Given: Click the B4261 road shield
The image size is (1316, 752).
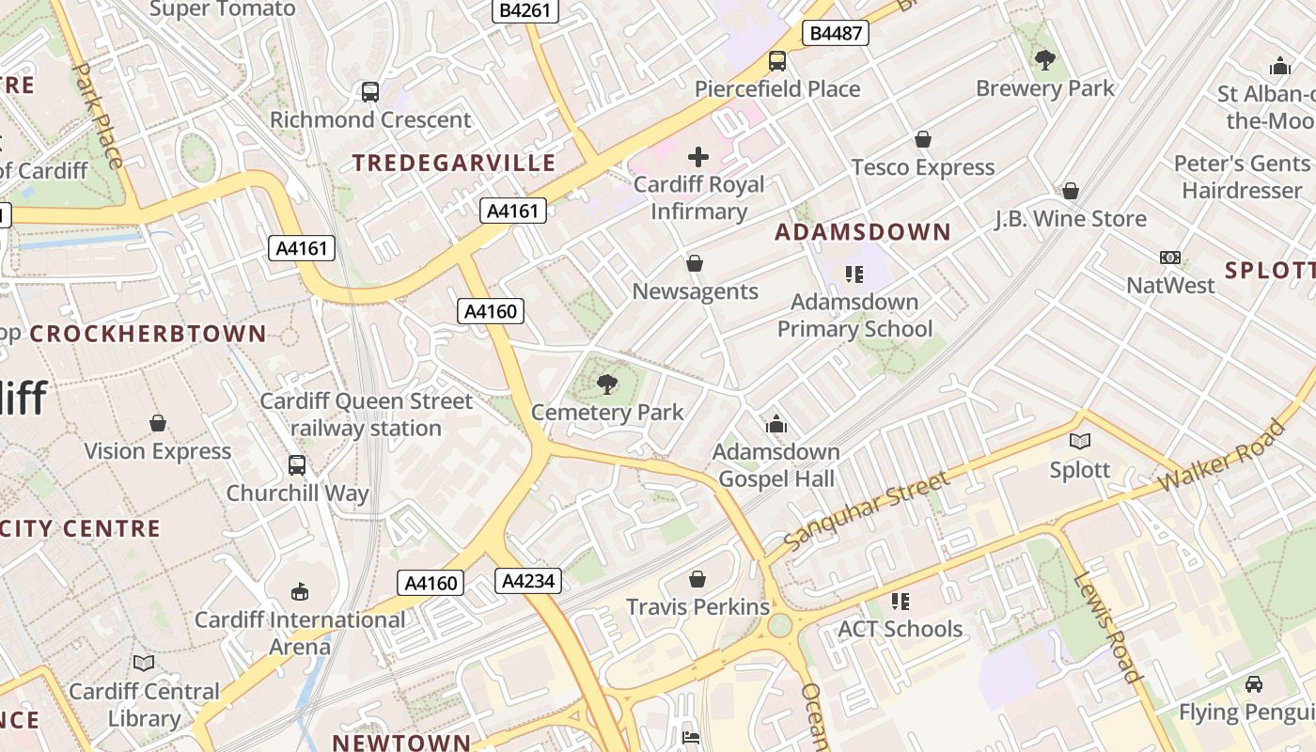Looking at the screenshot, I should [525, 10].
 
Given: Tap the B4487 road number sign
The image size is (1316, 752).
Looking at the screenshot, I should [835, 34].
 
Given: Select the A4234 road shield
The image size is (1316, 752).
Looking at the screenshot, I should [528, 581].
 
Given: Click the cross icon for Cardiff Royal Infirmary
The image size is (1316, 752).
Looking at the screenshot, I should [698, 156].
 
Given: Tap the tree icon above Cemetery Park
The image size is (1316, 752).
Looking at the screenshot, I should [607, 384].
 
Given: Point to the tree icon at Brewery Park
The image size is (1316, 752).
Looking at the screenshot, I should [1044, 60].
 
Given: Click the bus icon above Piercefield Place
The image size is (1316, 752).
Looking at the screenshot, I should [777, 61].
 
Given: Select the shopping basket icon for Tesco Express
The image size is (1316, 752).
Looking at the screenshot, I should [923, 139].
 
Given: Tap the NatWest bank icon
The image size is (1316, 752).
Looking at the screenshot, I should [1170, 257].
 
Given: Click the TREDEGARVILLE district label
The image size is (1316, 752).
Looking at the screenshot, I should [454, 163].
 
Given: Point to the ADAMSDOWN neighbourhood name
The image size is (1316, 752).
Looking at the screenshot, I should [863, 231].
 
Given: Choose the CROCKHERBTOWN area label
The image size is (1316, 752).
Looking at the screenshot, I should [149, 334].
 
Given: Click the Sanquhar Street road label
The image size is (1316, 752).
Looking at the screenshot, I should [866, 513].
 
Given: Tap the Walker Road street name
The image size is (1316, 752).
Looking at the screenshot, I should [1221, 457].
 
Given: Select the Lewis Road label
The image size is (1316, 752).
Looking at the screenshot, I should [1107, 626].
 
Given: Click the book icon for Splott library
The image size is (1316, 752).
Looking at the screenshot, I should [1080, 441].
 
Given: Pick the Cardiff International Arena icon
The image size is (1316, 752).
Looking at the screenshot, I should [300, 591].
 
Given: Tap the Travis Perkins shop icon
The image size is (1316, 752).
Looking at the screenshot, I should [697, 579].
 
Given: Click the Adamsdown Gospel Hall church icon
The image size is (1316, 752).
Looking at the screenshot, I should [775, 424].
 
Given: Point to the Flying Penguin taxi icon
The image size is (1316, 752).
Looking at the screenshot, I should [1253, 683].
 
